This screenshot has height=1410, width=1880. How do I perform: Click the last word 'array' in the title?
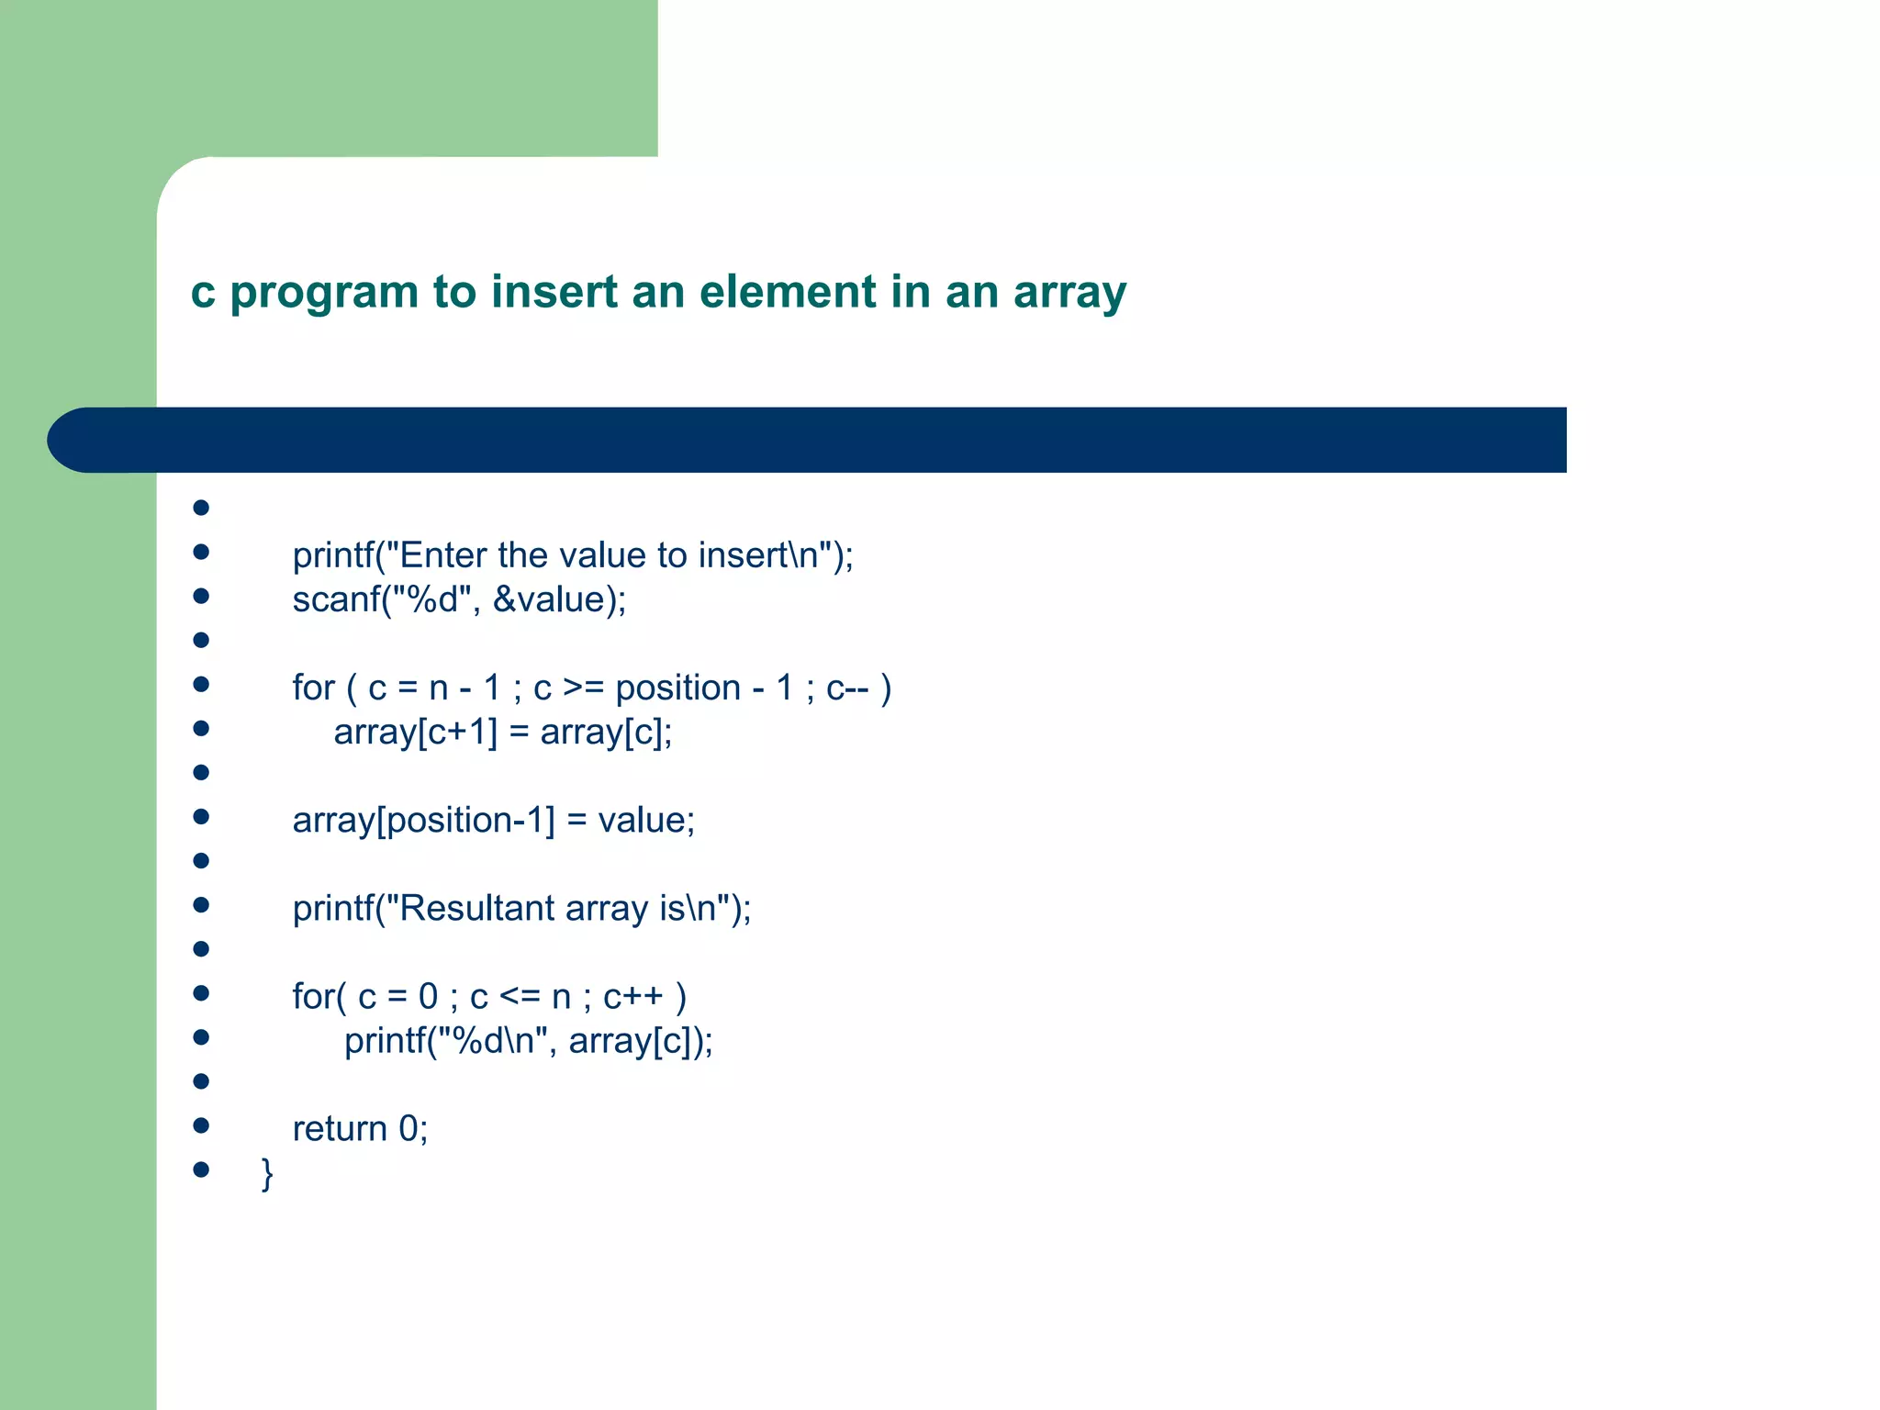tap(1069, 294)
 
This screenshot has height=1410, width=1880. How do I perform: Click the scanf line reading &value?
tap(459, 599)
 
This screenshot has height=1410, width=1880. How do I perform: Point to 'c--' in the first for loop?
tap(846, 688)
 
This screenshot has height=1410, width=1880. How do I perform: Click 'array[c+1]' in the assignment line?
tap(415, 733)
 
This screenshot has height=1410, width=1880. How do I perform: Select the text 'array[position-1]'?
tap(423, 821)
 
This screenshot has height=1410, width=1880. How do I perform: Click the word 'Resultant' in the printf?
tap(477, 909)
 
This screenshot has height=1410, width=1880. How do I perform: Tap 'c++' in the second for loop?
tap(632, 997)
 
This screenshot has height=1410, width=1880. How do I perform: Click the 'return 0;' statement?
tap(360, 1129)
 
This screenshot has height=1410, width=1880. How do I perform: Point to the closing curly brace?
tap(267, 1173)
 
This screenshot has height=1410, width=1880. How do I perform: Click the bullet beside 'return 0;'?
tap(201, 1125)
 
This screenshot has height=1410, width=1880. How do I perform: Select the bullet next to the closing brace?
tap(201, 1169)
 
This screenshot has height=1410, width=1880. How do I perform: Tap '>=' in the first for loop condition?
tap(583, 688)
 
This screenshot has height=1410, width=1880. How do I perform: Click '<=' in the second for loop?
tap(520, 997)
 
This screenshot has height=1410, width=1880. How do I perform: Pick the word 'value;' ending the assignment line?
tap(646, 821)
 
